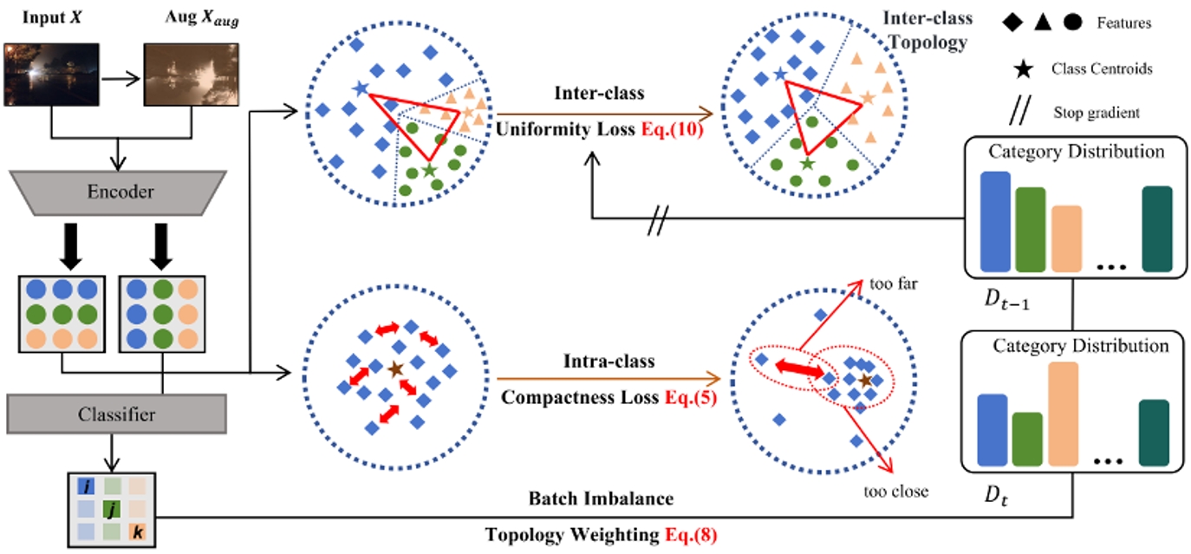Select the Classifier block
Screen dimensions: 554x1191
pos(116,414)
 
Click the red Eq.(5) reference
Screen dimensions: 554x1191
pos(689,401)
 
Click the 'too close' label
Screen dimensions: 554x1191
pos(895,492)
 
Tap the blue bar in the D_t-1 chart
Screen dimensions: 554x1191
pos(994,221)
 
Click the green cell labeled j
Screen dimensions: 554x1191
pos(111,508)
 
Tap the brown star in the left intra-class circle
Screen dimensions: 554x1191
pos(395,368)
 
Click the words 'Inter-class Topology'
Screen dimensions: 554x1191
pos(927,30)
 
